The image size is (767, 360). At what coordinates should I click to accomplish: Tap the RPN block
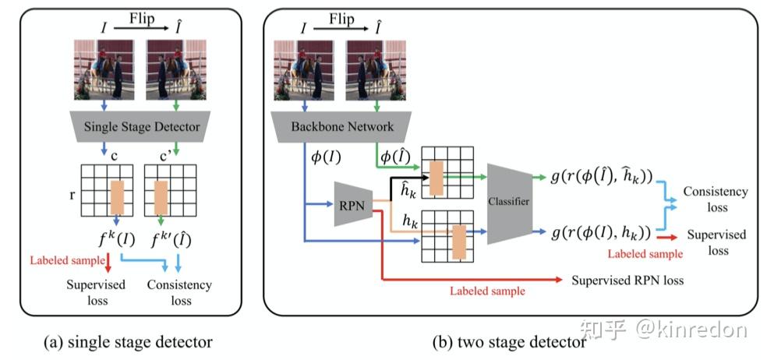pos(351,205)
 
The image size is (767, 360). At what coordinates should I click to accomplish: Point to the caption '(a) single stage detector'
pos(128,341)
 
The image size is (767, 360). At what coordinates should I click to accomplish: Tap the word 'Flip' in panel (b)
pos(341,16)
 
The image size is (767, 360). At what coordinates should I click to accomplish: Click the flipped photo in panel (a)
pos(177,71)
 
